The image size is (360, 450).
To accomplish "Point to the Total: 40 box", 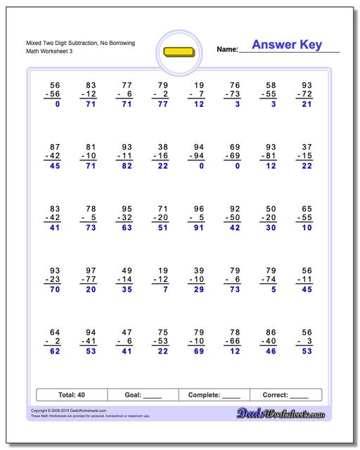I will [x=70, y=395].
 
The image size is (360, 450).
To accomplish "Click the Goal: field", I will [x=143, y=395].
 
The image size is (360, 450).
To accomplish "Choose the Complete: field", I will [x=214, y=395].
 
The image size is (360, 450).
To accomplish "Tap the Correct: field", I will [x=285, y=395].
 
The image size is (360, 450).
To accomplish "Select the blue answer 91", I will [x=199, y=228].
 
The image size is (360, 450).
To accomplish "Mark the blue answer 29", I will [x=199, y=289].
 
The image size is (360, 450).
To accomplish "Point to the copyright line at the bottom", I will [x=59, y=411].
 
